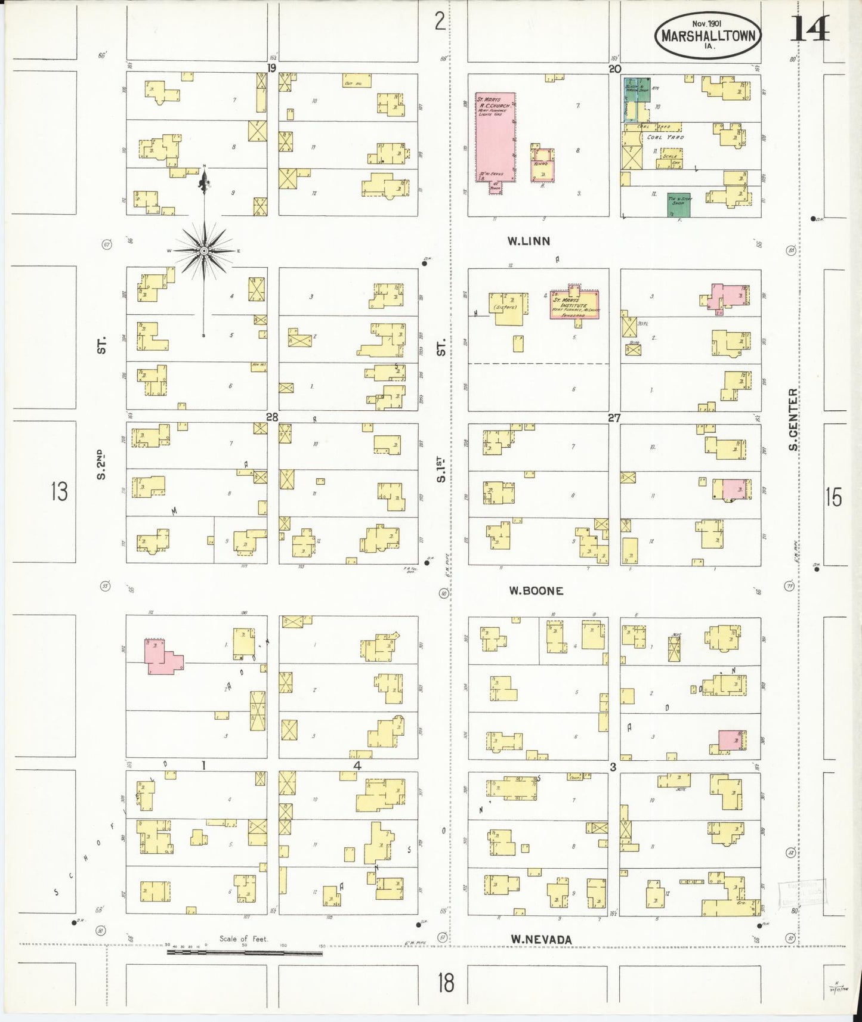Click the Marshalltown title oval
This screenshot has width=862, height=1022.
click(x=708, y=35)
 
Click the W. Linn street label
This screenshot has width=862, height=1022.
click(x=529, y=241)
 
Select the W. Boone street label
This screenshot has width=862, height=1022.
click(x=536, y=590)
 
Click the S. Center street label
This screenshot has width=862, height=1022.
click(x=792, y=419)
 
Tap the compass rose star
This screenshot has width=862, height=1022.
click(x=203, y=250)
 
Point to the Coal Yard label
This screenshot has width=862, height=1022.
click(x=665, y=137)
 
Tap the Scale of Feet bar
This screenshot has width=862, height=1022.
click(x=245, y=953)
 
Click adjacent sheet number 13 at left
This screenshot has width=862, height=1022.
click(x=59, y=492)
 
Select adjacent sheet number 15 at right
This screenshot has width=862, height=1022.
click(x=833, y=496)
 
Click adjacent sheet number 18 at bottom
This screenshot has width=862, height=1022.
click(x=446, y=982)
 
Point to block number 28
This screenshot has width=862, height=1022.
click(x=272, y=417)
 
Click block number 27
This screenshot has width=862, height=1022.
click(x=614, y=418)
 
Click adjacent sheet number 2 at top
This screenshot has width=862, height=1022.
click(x=440, y=22)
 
